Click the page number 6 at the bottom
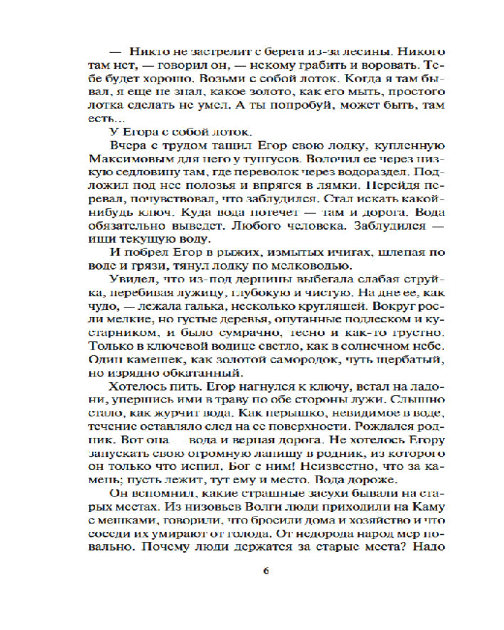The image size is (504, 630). pos(265,571)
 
